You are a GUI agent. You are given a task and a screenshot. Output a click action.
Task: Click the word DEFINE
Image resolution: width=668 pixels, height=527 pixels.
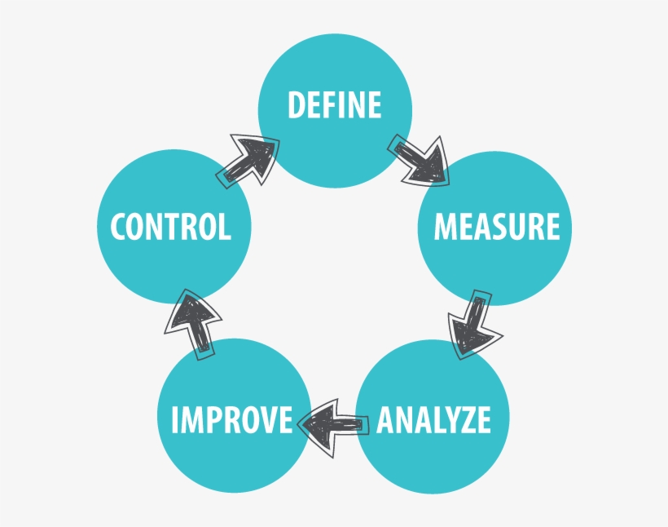click(x=335, y=104)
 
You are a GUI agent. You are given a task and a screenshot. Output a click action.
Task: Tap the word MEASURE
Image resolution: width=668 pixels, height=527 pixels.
click(x=497, y=226)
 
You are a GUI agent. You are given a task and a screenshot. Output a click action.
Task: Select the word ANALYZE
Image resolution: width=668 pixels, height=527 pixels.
click(x=433, y=420)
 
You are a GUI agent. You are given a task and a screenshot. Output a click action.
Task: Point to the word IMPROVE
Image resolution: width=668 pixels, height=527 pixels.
click(x=232, y=420)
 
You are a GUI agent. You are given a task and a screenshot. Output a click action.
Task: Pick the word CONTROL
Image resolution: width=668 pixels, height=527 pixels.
click(x=171, y=226)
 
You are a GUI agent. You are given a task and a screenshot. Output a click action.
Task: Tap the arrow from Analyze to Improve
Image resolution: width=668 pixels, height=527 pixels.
click(x=333, y=427)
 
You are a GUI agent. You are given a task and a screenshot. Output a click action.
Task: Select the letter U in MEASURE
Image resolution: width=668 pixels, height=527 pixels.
click(x=515, y=226)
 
